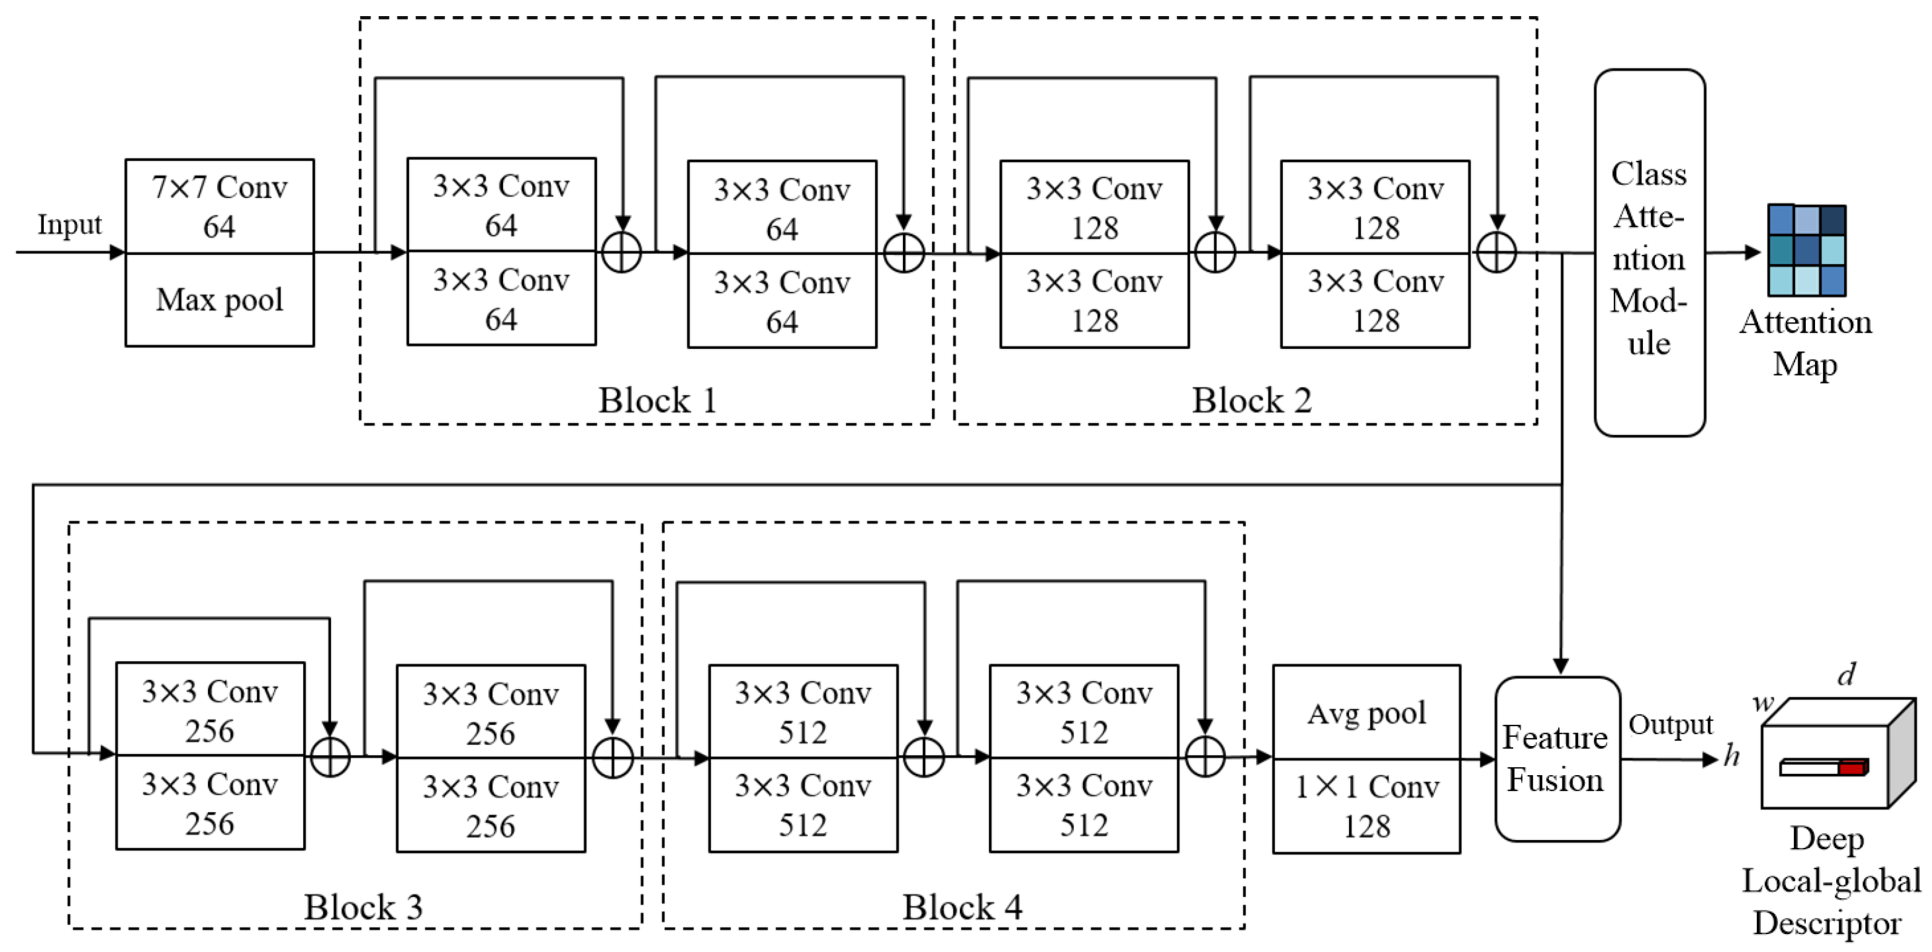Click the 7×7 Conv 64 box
(x=219, y=206)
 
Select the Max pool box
(x=219, y=300)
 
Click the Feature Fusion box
(x=1557, y=758)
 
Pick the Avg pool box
(x=1366, y=712)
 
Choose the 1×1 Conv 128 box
(x=1366, y=806)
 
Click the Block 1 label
(x=657, y=400)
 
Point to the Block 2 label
(x=1251, y=400)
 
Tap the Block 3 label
(x=363, y=906)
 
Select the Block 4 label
(x=962, y=906)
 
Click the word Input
(x=69, y=224)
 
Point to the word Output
(x=1670, y=724)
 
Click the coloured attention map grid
(x=1806, y=251)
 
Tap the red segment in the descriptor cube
(x=1852, y=768)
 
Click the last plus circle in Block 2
(x=1496, y=252)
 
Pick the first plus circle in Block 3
(x=330, y=757)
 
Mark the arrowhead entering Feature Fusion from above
(x=1561, y=666)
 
